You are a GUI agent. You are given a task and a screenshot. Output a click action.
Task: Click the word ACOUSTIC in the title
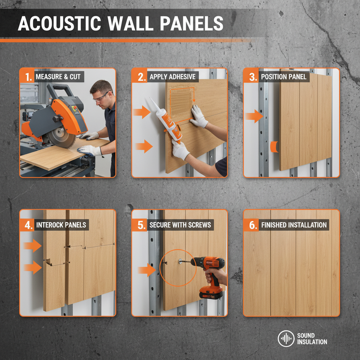pyautogui.click(x=58, y=24)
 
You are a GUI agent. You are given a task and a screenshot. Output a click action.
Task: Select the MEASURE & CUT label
pyautogui.click(x=58, y=76)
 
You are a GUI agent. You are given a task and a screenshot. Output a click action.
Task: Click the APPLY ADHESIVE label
pyautogui.click(x=172, y=76)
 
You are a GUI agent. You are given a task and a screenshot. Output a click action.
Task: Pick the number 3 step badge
pyautogui.click(x=252, y=76)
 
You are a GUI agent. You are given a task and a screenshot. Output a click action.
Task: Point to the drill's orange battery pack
pyautogui.click(x=211, y=292)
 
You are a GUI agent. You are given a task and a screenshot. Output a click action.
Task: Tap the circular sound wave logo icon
pyautogui.click(x=286, y=339)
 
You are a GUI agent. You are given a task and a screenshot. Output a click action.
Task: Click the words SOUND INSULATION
pyautogui.click(x=312, y=339)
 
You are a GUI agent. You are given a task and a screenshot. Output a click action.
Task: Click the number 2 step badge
pyautogui.click(x=140, y=76)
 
